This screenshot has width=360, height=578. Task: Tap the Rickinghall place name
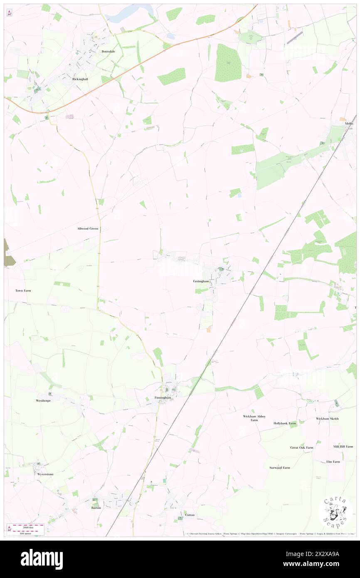pos(81,79)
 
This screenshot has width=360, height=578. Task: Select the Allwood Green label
pos(88,229)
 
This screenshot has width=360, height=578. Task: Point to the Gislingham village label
pos(201,282)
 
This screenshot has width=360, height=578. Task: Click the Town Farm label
pos(23,291)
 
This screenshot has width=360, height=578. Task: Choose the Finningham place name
pos(163,398)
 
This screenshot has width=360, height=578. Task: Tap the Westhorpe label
pos(43,401)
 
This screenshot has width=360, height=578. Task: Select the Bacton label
pos(96,508)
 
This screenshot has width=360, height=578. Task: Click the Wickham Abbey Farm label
pos(254,418)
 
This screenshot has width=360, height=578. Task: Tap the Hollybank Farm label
pos(285,423)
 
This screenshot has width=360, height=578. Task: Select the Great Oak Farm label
pos(301,447)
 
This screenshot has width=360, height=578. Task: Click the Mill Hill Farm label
pos(343,447)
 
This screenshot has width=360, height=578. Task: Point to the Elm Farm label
pos(333,462)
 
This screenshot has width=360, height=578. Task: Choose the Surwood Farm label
pos(279,468)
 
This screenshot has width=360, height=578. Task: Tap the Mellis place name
pos(348,124)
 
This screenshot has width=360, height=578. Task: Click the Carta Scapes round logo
pos(335,512)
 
